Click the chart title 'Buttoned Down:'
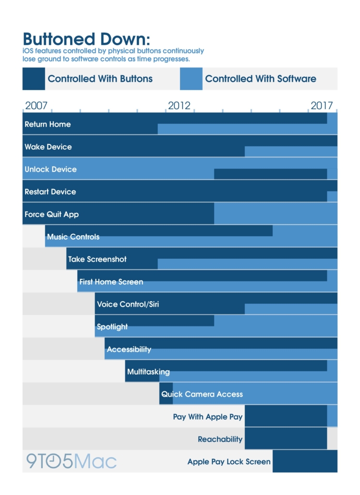[86, 39]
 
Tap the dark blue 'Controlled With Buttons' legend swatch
[34, 79]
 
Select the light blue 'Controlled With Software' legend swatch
[191, 79]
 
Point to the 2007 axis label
[36, 106]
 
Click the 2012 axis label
[179, 106]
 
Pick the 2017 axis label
[322, 106]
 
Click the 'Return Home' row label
[48, 124]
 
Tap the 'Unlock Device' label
[50, 169]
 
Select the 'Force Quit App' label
[52, 214]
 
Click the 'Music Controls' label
[73, 237]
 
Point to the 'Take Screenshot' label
[97, 259]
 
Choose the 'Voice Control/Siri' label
[128, 304]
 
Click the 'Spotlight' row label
[112, 327]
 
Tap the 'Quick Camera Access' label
[202, 394]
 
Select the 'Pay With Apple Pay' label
[208, 417]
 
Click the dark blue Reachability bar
[286, 438]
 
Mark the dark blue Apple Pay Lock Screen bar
[305, 461]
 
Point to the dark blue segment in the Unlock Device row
[270, 174]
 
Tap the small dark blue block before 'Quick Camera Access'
[166, 393]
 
